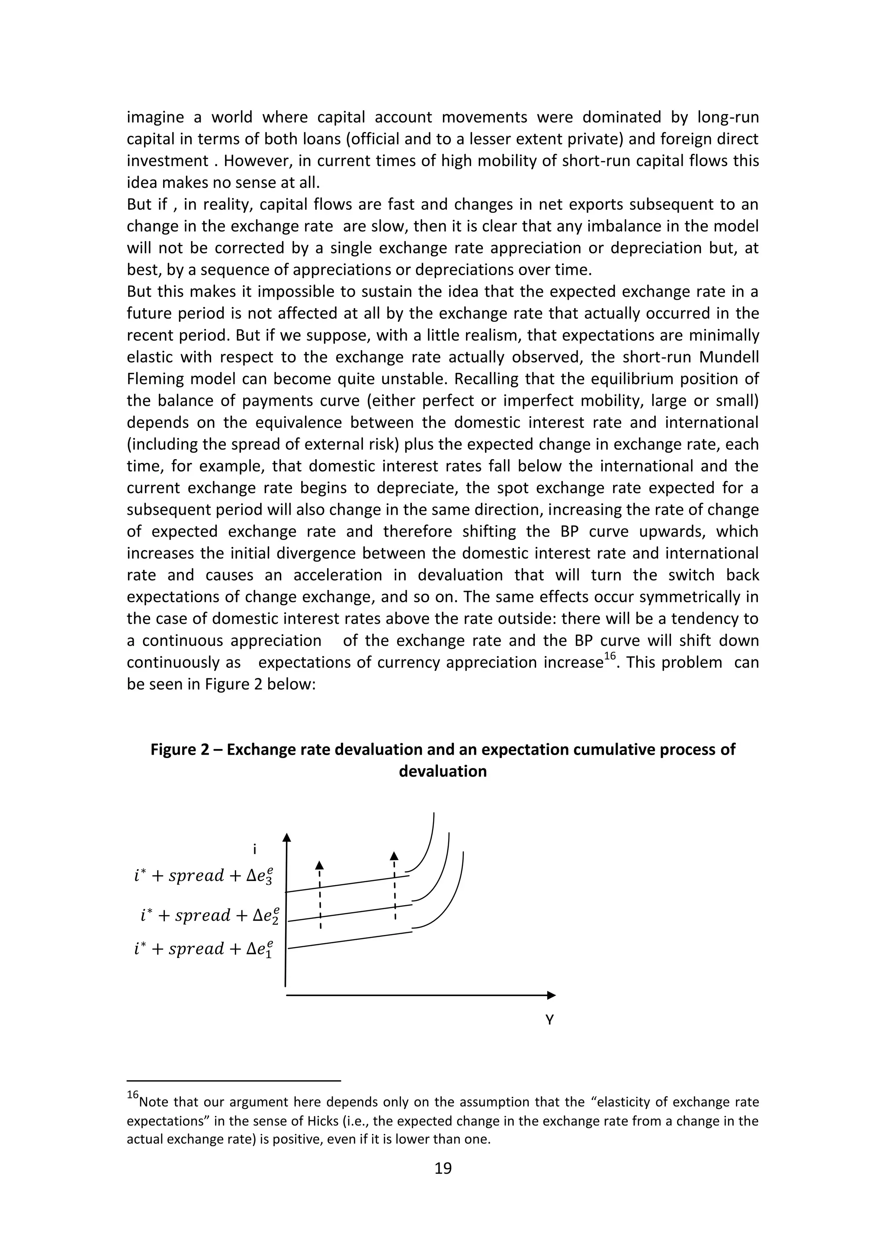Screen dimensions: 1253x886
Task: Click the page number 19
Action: click(x=443, y=1168)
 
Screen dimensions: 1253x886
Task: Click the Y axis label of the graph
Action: click(x=549, y=1020)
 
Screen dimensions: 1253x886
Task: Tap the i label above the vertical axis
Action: click(x=254, y=849)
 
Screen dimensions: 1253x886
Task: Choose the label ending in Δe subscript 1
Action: click(x=203, y=949)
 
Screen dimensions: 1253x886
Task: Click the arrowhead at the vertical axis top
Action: click(x=286, y=838)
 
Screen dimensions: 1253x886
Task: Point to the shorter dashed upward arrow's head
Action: click(x=320, y=865)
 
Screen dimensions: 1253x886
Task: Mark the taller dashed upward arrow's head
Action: click(x=394, y=856)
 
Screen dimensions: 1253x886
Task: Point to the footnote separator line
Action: click(x=234, y=1080)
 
